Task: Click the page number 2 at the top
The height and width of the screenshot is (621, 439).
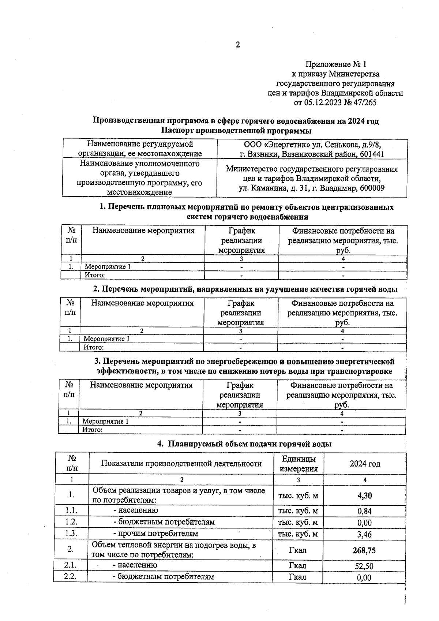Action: pos(238,45)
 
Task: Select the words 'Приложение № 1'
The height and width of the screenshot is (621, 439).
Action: pos(335,64)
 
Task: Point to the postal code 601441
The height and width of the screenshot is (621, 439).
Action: pos(372,154)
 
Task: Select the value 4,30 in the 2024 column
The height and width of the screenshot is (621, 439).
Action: pos(364,495)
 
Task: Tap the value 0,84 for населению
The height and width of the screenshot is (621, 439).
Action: pos(364,511)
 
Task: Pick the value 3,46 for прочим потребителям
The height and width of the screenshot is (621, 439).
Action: pos(364,535)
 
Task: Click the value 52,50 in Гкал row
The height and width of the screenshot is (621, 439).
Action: pos(364,566)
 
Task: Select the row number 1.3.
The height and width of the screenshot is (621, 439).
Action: pos(71,533)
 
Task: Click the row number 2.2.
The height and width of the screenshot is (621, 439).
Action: pos(70,577)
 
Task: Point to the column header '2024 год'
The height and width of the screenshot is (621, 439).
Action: pos(365,464)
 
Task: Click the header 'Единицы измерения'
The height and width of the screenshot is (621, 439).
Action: pos(299,464)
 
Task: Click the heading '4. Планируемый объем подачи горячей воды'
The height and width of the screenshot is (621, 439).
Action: pos(244,444)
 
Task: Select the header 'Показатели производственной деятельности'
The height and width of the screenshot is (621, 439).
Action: pos(181,464)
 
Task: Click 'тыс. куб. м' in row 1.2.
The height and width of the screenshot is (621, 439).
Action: pos(298,522)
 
